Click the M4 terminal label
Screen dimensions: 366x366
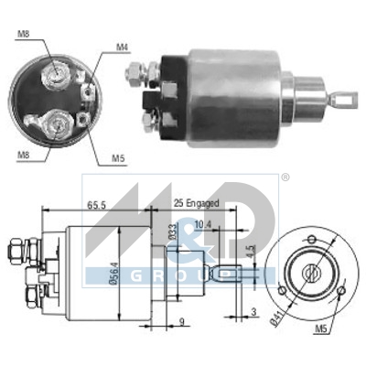123,48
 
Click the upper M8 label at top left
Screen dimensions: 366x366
23,34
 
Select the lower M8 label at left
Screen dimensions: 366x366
23,155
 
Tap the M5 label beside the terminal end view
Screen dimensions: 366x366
118,158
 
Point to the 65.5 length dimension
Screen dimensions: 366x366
96,205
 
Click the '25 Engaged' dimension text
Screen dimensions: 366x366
197,203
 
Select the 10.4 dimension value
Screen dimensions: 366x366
202,224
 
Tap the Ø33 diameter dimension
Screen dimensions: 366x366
172,231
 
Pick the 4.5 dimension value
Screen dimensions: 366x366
251,251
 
